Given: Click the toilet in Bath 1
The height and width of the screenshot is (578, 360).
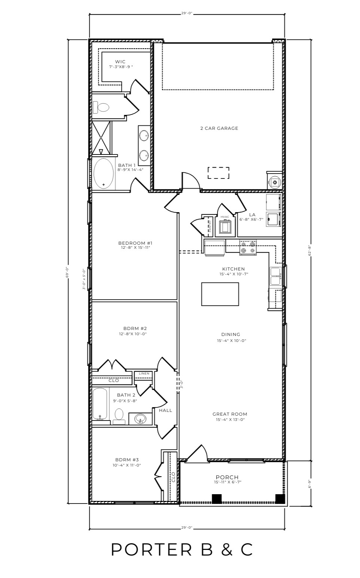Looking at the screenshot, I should point(102,108).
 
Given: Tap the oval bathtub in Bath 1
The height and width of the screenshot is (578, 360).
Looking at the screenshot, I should point(103,174).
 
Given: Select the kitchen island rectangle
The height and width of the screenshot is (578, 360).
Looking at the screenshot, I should point(220,294).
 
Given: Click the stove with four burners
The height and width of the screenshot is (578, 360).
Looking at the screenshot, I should point(248,248).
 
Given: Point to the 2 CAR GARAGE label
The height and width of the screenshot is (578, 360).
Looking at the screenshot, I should point(219,128).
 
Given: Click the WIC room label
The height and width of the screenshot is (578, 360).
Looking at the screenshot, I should point(120,62).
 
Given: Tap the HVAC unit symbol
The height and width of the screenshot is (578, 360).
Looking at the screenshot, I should point(225,227).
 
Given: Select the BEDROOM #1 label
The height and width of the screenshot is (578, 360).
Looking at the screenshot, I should point(135,243).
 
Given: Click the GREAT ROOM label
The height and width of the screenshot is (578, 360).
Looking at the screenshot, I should point(230,414).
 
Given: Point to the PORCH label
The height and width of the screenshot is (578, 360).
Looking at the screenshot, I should point(227,477).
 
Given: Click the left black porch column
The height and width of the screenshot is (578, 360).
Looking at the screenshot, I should point(217,499).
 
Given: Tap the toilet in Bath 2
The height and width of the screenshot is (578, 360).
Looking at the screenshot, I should point(119,416).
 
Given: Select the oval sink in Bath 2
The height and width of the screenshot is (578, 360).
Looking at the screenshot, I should point(140,419).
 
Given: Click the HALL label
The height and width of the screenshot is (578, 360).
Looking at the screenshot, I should point(165,410).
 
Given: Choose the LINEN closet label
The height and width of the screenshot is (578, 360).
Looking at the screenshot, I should point(144,373).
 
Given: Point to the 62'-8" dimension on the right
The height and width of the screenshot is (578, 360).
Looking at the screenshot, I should point(310,250).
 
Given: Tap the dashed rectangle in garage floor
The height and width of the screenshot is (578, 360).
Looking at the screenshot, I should point(219,173).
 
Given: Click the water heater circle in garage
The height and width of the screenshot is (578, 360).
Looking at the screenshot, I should point(275,182).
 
